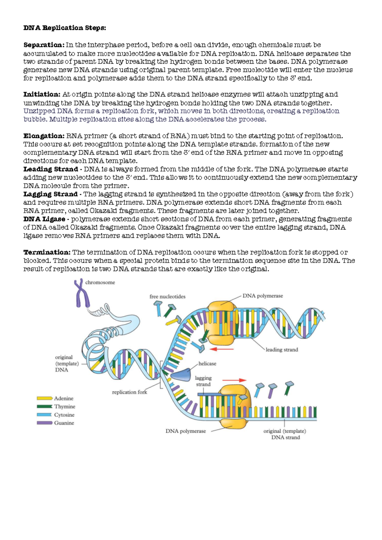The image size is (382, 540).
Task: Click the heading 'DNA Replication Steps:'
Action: point(65,28)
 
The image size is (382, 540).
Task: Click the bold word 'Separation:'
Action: point(44,45)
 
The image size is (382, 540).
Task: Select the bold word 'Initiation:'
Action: point(42,94)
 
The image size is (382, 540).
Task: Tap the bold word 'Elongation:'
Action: point(44,136)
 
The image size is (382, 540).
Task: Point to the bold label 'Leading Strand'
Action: point(51,169)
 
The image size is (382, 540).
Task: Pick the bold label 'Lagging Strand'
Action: point(50,194)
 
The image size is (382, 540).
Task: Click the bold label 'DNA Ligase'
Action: point(44,219)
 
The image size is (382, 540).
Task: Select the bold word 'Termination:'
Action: point(47,252)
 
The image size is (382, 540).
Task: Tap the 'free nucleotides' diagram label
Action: point(167,296)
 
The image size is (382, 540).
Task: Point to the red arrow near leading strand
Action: point(223,349)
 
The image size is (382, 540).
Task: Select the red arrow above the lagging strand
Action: point(234,380)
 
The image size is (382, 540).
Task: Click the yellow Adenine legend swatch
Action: point(44,398)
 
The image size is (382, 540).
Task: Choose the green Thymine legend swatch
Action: point(44,407)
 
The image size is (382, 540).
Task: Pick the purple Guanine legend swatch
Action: point(44,423)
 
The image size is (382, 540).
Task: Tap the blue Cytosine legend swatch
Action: point(44,415)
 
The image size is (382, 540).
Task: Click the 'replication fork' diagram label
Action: point(130,392)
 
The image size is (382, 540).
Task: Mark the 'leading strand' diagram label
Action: point(282,350)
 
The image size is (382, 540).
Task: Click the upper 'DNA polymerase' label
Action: point(263,296)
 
